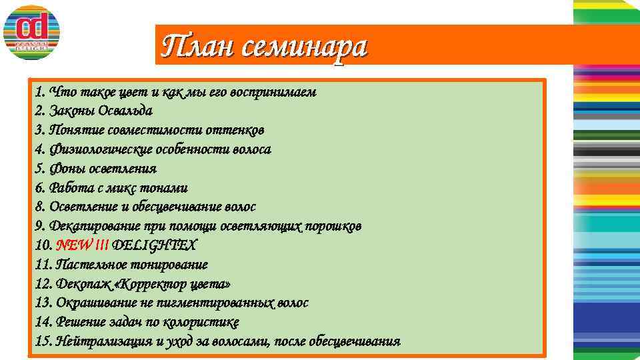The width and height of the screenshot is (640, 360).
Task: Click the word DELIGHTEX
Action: pos(154,245)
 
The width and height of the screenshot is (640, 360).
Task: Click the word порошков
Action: pos(333,226)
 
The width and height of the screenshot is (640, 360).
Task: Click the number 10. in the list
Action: pos(44,245)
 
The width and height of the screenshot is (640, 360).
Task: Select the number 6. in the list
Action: pos(40,188)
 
